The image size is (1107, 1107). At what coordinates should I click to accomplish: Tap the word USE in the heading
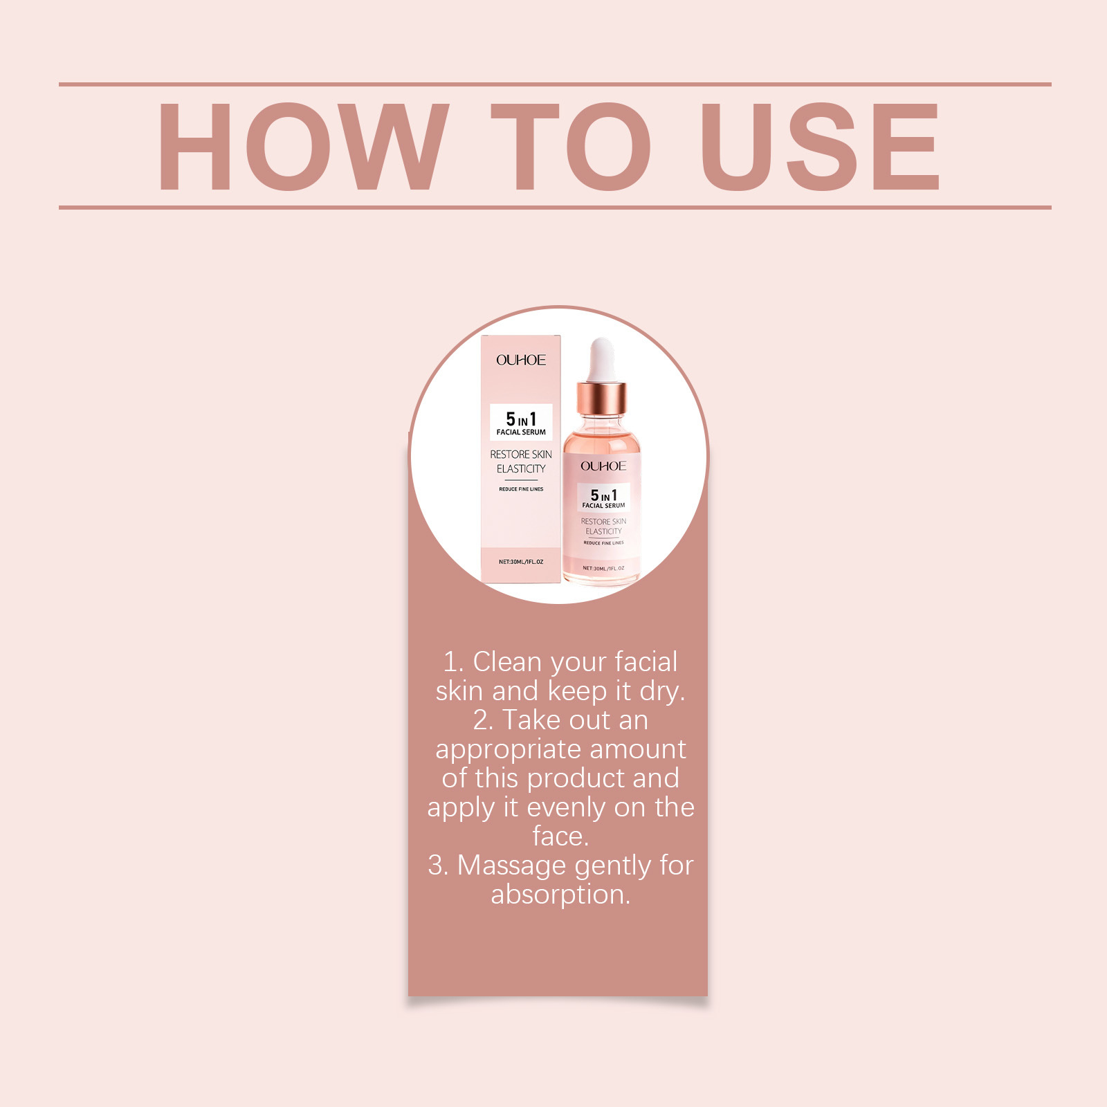coord(820,146)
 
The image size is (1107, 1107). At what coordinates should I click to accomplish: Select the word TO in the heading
coord(571,146)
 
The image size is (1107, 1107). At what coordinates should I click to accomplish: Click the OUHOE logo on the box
coord(521,360)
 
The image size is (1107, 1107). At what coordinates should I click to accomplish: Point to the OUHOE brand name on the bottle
coord(603,466)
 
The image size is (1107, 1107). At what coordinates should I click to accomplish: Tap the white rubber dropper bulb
coord(602,359)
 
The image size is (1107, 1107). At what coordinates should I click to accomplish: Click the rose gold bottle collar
coord(602,398)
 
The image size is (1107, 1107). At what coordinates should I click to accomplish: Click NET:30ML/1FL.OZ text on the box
coord(521,562)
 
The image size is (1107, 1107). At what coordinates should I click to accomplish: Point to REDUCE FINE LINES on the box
coord(521,489)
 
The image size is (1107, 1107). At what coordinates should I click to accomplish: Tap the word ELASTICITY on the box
coord(521,469)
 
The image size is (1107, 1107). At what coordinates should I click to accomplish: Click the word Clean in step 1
coord(506,662)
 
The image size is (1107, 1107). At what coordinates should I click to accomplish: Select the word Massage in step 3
coord(511,866)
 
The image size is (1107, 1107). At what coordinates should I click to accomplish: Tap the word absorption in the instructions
coord(560,895)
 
